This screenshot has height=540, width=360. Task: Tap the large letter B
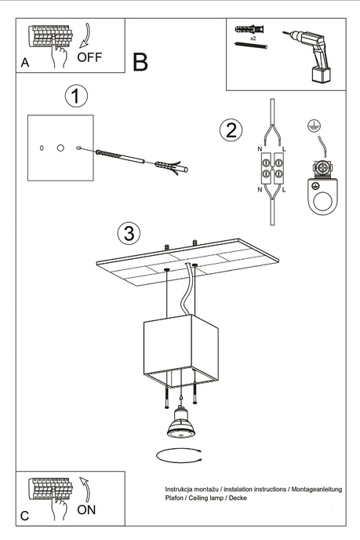pyautogui.click(x=140, y=63)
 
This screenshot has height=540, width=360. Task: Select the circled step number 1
pyautogui.click(x=75, y=97)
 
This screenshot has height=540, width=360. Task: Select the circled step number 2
pyautogui.click(x=230, y=130)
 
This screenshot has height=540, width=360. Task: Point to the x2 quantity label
pyautogui.click(x=253, y=38)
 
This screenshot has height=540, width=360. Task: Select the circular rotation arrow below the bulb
pyautogui.click(x=180, y=454)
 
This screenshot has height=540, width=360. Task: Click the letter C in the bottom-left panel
pyautogui.click(x=25, y=516)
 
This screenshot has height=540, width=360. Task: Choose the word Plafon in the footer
pyautogui.click(x=175, y=498)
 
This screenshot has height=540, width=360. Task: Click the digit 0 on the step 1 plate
pyautogui.click(x=42, y=148)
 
